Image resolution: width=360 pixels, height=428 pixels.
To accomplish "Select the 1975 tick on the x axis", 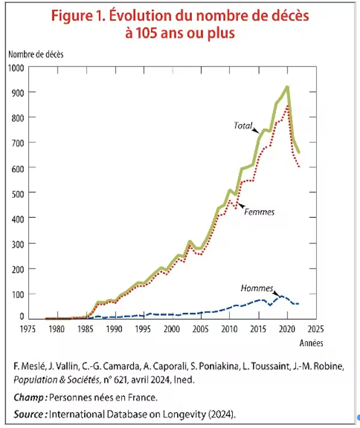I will click(27, 329).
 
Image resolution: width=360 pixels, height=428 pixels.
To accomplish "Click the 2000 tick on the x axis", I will click(172, 329).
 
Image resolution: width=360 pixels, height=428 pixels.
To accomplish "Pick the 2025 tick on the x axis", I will click(316, 329).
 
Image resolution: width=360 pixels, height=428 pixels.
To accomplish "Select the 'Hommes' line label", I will click(257, 288).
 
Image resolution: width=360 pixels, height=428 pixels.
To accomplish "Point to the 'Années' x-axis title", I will click(311, 343).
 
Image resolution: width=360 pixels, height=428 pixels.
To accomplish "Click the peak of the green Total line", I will click(287, 87).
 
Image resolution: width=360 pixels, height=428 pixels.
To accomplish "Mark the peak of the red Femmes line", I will click(288, 107).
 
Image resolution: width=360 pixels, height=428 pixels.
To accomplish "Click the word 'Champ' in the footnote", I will click(28, 397).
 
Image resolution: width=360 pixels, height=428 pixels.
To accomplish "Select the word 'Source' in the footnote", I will click(29, 414).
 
